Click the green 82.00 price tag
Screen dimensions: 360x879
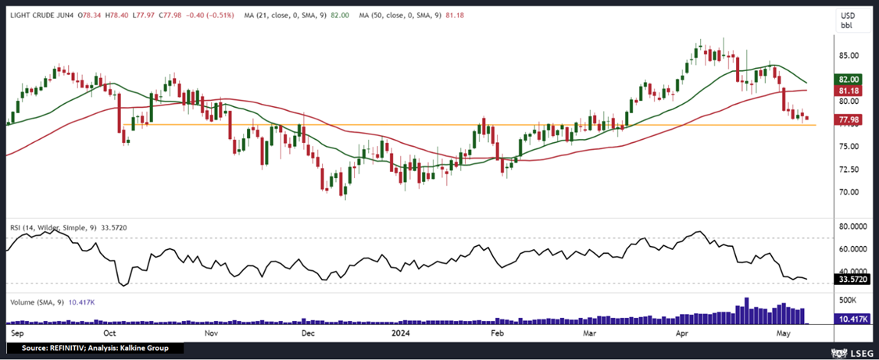(x=849, y=80)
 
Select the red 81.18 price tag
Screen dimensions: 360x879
(x=849, y=91)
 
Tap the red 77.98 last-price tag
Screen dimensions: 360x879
(x=849, y=119)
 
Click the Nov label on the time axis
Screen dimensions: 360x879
(x=210, y=331)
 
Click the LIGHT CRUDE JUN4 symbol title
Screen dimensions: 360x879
(x=45, y=16)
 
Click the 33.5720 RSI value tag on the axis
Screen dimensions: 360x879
(x=852, y=279)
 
